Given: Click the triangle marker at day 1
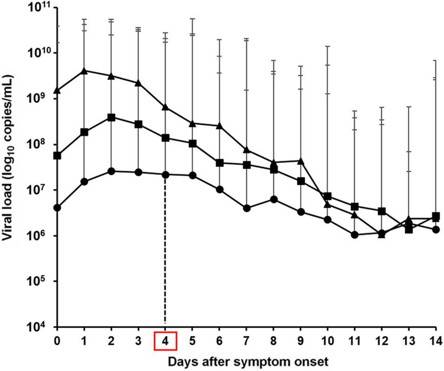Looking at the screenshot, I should (84, 71).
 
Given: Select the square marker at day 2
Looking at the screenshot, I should (111, 117).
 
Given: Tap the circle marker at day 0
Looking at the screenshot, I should (57, 207).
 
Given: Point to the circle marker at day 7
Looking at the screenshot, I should (247, 208).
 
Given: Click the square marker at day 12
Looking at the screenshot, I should (382, 211).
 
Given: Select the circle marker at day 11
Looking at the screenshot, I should (355, 235).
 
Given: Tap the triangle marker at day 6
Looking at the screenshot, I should (219, 126).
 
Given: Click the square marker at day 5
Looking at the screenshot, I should (192, 143).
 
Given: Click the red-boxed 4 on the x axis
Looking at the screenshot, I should (165, 340).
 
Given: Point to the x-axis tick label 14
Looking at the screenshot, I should (436, 340).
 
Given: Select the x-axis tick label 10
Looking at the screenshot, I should (328, 340).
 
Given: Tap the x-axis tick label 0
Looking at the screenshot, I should (57, 340).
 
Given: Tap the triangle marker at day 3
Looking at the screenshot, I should (138, 83).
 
